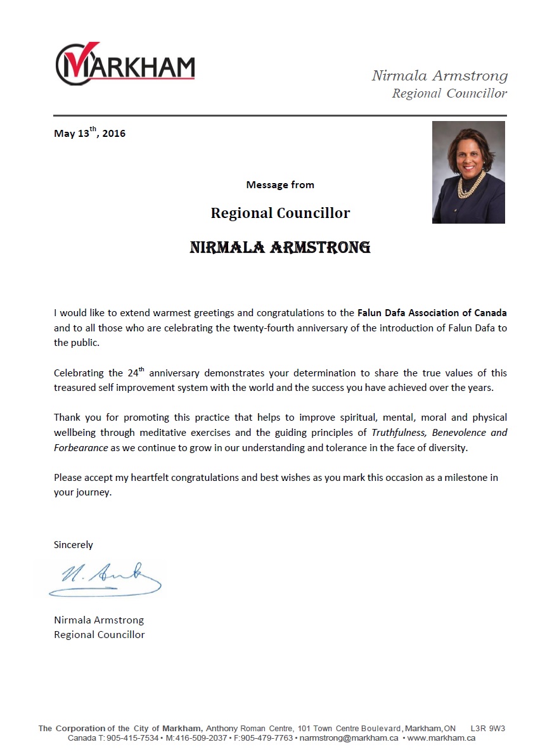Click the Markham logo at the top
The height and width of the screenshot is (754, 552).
click(125, 63)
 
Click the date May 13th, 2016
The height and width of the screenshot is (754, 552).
click(89, 133)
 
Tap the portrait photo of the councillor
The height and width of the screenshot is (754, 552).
click(468, 172)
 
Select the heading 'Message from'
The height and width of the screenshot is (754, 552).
click(280, 185)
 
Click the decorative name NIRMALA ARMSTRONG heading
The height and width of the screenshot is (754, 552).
click(280, 247)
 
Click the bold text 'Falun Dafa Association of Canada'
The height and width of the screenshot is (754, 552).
click(432, 313)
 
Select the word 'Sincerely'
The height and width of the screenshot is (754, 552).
click(74, 545)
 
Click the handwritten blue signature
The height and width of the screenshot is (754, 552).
click(105, 578)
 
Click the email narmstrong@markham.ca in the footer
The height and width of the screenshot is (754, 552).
click(349, 738)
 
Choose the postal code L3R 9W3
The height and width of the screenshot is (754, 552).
click(487, 729)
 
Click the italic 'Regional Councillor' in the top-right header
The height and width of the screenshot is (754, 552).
click(449, 94)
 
